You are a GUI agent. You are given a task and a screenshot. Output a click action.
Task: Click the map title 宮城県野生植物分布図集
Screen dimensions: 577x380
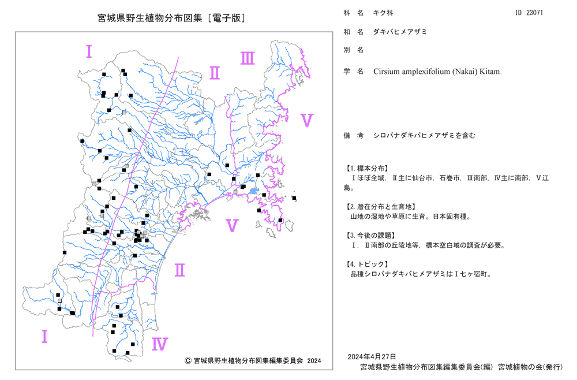coord(150,18)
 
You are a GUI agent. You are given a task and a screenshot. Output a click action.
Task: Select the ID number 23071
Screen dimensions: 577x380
coord(534,13)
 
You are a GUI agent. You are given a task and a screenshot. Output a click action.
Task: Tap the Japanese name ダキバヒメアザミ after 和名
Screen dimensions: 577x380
coord(400,32)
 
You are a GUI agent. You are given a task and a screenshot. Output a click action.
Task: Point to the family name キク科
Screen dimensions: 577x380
coord(383,13)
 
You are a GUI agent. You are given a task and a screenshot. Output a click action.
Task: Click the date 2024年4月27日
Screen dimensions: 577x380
coord(372,356)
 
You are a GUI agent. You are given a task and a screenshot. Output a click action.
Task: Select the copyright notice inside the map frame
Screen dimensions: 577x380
coord(253,360)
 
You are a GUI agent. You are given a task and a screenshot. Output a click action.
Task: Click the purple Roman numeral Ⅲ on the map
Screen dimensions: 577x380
coord(248,58)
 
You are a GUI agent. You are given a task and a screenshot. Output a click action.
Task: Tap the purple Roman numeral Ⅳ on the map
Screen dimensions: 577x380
coord(160,344)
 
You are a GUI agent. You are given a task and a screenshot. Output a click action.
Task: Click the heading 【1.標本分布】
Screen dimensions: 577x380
coord(366,168)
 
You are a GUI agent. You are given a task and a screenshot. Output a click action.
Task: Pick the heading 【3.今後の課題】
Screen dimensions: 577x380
coord(370,235)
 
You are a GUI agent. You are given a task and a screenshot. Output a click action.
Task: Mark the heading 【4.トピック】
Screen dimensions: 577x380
coord(366,264)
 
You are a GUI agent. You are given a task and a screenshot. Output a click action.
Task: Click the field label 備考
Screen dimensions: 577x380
coord(354,135)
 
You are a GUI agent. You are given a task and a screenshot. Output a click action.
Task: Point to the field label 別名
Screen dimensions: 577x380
coord(354,50)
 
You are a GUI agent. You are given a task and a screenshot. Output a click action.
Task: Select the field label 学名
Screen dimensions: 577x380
coord(354,71)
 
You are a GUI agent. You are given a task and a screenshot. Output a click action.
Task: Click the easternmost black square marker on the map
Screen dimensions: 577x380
coord(294,198)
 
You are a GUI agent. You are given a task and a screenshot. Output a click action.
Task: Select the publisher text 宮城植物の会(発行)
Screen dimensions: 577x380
coord(530,367)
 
